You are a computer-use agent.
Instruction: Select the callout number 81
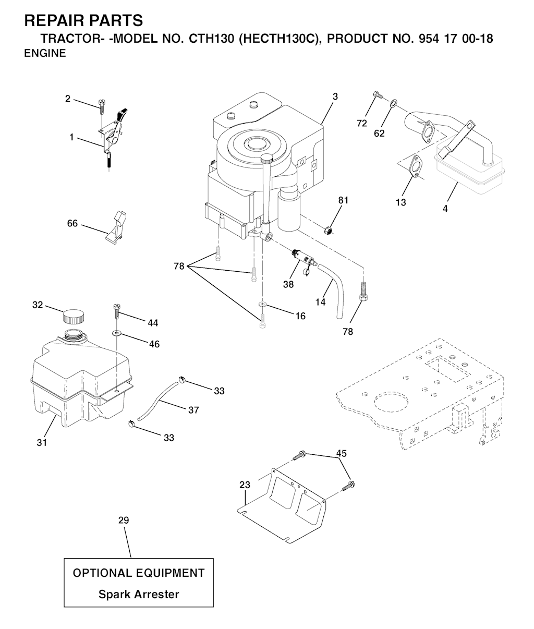pos(343,200)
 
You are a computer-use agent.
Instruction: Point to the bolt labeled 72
pos(377,95)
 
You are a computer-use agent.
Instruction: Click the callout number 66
pos(72,223)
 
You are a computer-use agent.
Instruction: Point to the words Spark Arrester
pos(139,594)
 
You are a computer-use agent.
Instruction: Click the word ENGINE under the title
pos(45,53)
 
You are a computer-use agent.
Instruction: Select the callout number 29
pos(123,520)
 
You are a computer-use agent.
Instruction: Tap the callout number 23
pos(245,485)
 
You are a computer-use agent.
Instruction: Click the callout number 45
pos(341,453)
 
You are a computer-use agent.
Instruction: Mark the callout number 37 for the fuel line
pos(193,410)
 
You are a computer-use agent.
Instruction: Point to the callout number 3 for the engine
pos(335,96)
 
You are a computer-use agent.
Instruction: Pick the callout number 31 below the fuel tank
pos(42,442)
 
